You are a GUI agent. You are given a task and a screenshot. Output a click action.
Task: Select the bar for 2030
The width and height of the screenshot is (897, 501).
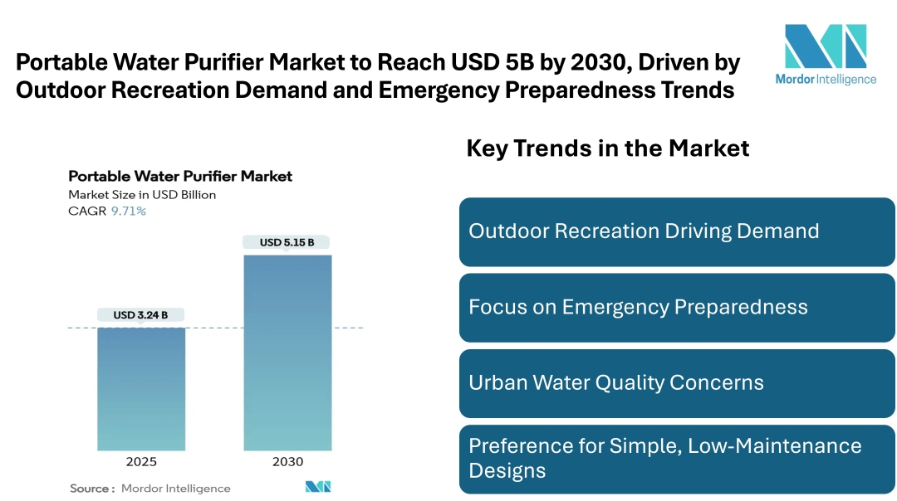287,352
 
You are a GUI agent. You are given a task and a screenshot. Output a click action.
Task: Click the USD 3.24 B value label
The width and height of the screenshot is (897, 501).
141,315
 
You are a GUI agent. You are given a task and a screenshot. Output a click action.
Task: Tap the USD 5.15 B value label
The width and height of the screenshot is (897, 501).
287,242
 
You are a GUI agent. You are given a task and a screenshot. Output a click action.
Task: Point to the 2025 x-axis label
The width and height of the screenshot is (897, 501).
141,462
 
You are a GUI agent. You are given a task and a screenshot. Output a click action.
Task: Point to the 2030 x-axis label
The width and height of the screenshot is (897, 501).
287,462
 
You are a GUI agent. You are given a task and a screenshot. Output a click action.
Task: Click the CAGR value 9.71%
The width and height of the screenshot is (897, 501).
129,212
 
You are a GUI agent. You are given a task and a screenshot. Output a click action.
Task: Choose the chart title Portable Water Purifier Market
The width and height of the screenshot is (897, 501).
180,176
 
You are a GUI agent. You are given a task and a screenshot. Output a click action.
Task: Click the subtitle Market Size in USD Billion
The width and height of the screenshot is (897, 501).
142,195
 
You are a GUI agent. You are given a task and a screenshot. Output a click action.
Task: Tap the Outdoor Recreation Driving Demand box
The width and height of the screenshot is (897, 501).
677,231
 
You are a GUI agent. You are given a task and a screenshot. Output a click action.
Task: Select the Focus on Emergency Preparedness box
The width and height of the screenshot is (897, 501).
677,308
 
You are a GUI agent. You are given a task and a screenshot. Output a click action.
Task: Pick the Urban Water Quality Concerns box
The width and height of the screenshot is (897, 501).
677,383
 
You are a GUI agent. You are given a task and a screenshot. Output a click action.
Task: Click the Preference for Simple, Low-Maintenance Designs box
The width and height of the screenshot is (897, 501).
677,459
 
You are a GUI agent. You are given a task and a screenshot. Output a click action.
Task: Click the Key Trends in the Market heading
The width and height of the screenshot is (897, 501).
608,148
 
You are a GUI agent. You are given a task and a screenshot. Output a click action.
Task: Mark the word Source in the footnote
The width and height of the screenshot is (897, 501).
91,489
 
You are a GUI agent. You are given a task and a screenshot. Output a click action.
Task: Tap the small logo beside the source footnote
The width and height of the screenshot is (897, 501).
318,487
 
